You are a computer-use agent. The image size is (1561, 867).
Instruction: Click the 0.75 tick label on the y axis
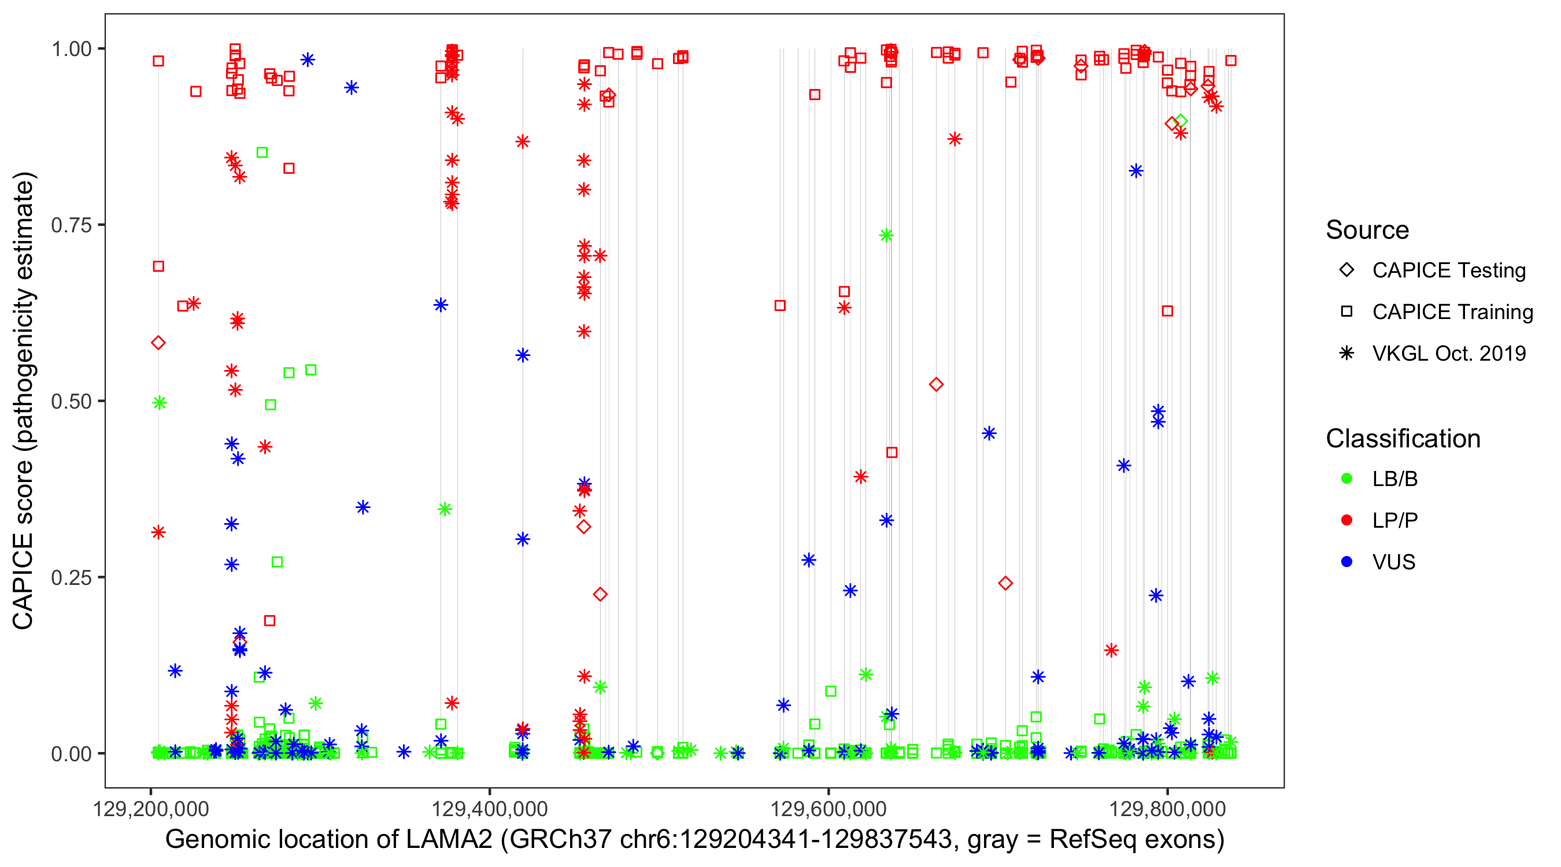[70, 225]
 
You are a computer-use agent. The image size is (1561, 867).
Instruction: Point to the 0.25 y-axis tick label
[70, 577]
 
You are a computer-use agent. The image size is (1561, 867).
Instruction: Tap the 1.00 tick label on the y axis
[70, 49]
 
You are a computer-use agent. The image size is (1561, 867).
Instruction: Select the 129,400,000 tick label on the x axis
[489, 809]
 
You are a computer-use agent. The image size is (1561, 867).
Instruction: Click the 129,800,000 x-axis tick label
[1167, 809]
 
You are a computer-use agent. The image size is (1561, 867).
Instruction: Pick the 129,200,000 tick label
[150, 809]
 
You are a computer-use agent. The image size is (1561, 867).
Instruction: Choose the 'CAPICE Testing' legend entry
[1448, 271]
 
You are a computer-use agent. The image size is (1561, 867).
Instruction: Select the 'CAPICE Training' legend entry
[1452, 312]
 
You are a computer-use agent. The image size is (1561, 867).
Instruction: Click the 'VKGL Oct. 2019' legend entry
[1448, 353]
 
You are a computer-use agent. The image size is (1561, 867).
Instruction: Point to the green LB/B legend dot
[1347, 479]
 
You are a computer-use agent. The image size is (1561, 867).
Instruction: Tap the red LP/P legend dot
[1347, 520]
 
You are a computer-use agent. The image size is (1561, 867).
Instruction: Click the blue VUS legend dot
[1347, 562]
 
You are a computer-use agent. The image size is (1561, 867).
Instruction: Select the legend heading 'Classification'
[1403, 439]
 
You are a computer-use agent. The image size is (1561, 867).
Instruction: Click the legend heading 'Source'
[1367, 230]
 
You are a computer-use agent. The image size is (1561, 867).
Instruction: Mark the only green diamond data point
[1180, 122]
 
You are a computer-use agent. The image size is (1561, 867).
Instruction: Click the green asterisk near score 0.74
[886, 236]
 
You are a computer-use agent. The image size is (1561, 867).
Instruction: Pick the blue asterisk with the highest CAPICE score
[308, 60]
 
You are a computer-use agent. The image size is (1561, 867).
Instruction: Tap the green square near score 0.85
[262, 152]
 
